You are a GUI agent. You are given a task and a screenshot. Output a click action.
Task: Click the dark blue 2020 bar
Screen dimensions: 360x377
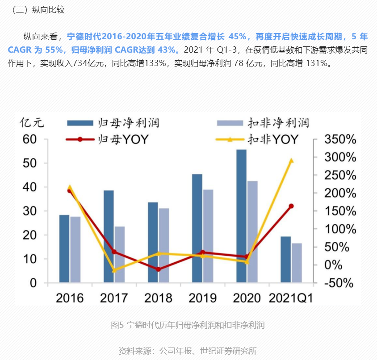241,216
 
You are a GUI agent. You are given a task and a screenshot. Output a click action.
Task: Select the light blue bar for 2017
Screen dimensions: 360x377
120,254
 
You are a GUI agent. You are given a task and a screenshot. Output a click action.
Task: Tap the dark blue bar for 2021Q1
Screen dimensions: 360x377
286,260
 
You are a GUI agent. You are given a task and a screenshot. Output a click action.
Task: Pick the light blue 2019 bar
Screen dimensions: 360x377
208,236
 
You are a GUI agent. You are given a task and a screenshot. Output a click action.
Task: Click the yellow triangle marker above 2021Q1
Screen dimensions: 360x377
291,161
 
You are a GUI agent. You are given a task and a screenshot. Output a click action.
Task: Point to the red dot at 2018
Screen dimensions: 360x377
158,269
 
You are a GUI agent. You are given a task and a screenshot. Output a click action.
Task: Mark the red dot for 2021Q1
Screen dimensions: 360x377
291,206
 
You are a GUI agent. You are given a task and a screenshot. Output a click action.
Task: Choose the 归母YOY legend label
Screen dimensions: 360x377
121,139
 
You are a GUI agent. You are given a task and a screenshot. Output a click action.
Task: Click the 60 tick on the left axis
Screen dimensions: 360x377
29,139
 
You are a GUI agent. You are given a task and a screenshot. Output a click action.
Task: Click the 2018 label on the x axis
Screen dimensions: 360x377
158,298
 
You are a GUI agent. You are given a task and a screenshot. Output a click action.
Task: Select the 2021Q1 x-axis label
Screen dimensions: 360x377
291,298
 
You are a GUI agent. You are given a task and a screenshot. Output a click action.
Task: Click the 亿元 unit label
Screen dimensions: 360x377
31,122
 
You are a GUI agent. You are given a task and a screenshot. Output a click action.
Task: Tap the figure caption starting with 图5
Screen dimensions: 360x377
188,325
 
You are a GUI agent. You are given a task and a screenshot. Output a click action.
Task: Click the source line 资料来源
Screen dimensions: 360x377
188,351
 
